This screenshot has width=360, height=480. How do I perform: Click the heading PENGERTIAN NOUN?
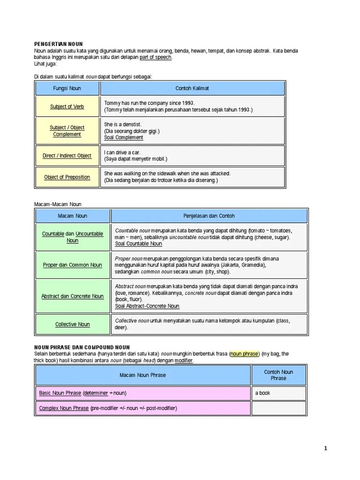59,44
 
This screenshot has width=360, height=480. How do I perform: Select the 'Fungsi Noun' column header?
67,88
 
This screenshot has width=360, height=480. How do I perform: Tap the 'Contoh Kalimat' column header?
192,88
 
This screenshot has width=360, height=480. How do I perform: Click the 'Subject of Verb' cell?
67,106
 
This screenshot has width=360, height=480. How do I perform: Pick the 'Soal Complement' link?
124,138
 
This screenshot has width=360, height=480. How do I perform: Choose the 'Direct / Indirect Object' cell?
67,156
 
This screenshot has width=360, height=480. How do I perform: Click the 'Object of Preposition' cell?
67,177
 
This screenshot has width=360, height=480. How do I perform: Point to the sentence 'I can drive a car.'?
122,152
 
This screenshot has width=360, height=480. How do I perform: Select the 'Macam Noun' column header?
73,216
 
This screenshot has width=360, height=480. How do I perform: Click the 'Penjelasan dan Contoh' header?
209,216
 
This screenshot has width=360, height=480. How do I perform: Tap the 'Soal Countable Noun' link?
138,244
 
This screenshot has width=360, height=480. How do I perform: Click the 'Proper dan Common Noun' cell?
73,265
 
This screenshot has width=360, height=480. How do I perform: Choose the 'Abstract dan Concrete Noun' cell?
73,296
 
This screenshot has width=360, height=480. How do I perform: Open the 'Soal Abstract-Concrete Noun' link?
147,306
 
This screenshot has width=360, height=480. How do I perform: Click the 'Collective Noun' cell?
73,324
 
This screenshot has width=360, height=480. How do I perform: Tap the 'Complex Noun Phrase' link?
64,408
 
